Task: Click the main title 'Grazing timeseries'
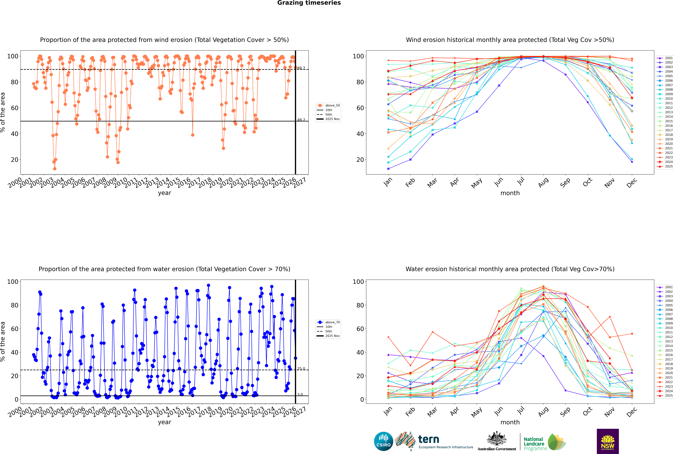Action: pos(309,3)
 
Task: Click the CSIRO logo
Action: pos(383,441)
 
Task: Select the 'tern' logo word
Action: pos(429,440)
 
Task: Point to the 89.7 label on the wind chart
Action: pos(301,68)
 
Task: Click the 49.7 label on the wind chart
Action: pos(301,120)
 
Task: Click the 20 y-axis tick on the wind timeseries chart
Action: pos(14,160)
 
